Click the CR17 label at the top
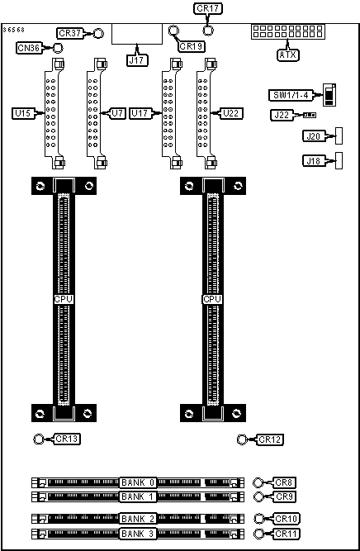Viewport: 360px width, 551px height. point(208,9)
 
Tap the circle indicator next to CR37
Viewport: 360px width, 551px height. point(99,33)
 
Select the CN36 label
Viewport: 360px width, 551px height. point(29,47)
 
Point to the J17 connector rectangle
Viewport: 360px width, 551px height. point(137,34)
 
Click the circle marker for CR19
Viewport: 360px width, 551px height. point(173,31)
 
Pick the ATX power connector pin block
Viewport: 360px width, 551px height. point(287,31)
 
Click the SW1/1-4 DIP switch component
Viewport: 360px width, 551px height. point(329,94)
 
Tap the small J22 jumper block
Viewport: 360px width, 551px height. point(310,115)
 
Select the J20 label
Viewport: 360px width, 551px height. point(314,136)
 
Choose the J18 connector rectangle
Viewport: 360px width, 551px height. point(339,161)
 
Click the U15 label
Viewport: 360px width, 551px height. point(23,113)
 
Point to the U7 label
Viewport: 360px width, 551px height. point(118,113)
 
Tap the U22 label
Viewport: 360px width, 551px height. point(231,113)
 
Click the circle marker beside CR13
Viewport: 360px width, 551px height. point(38,439)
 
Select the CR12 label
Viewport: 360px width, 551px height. point(270,439)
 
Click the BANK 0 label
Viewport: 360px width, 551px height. point(138,482)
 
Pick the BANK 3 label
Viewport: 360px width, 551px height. point(138,534)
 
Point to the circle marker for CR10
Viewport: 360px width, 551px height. point(258,519)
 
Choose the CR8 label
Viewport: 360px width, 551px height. point(284,482)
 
